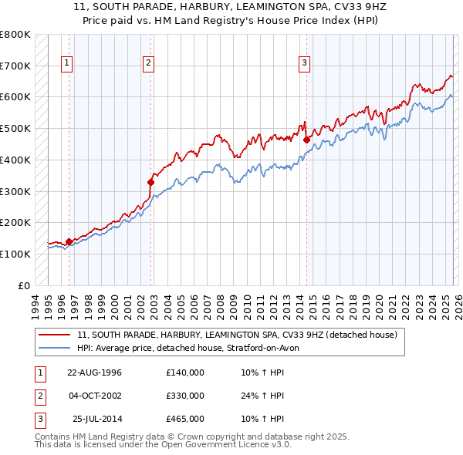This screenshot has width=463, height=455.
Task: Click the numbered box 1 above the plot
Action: tap(68, 63)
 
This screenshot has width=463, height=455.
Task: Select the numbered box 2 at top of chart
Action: tap(148, 63)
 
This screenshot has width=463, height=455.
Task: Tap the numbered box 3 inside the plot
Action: tap(304, 63)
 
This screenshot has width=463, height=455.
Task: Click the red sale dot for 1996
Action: tap(69, 241)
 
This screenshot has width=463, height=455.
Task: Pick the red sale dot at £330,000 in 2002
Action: tap(151, 182)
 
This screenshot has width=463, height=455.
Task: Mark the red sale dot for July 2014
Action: tap(306, 140)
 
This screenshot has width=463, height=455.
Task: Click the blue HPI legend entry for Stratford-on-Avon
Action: tap(193, 348)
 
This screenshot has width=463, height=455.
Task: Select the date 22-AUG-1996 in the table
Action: tap(94, 372)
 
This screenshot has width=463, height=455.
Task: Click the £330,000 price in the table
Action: tap(185, 396)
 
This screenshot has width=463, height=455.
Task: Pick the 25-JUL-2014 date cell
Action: tap(97, 419)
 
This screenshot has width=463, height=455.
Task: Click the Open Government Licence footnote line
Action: tap(163, 445)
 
